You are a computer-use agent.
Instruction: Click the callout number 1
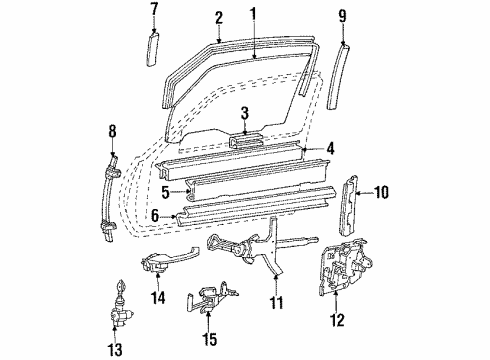click(253, 13)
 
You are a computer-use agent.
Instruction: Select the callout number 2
click(218, 16)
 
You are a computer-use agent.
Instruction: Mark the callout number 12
click(337, 322)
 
